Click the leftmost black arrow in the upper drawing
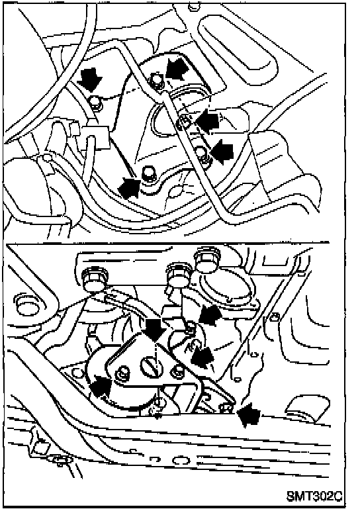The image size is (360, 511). pos(91,79)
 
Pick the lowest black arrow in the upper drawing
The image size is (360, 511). pos(129,187)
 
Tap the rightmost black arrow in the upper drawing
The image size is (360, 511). pos(222,151)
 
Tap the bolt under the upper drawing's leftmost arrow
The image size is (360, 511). pos(96,104)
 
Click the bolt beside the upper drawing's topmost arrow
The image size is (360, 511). pos(157,81)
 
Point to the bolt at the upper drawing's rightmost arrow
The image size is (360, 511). pos(202,154)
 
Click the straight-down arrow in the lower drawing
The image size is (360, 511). pos(154,330)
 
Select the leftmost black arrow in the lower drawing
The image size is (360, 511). pos(101,387)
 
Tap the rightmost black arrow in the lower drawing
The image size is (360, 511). pos(248,414)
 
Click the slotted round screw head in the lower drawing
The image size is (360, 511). pos(151,367)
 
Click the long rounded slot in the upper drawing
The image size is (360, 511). pos(238,45)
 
